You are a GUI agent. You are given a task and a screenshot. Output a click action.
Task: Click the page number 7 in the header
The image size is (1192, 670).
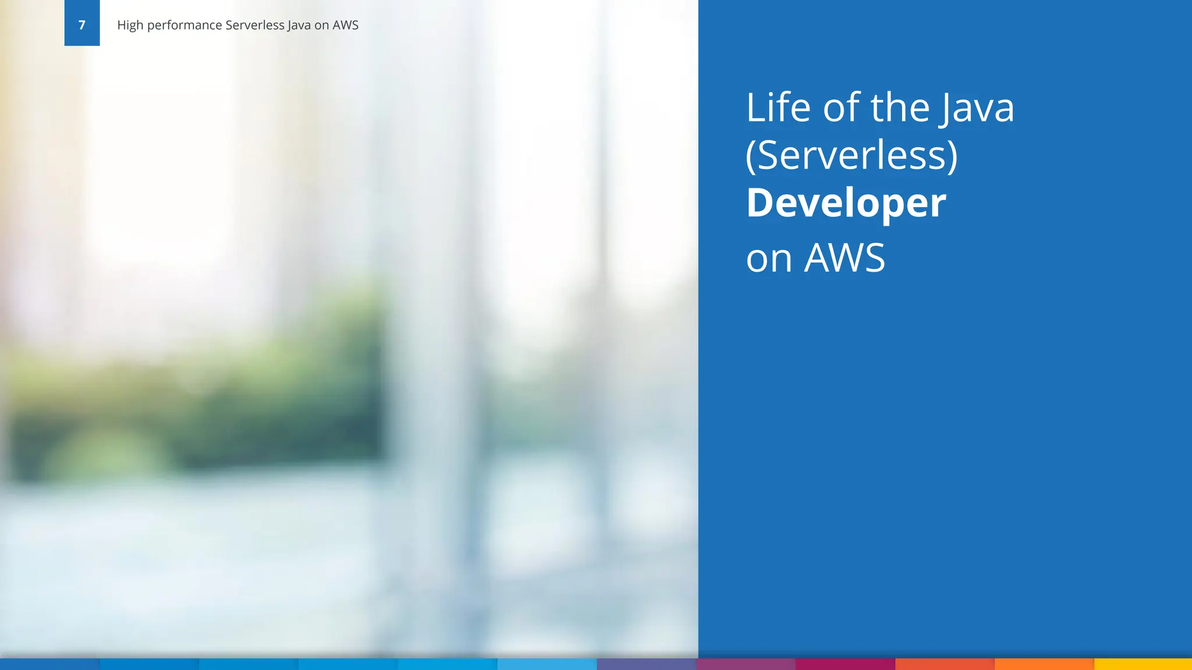[x=81, y=25]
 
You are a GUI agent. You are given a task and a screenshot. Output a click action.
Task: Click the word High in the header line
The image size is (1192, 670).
[x=130, y=25]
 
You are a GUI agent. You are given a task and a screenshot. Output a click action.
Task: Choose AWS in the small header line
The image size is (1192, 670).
[x=345, y=25]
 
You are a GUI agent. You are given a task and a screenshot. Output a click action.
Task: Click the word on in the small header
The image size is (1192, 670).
[x=322, y=26]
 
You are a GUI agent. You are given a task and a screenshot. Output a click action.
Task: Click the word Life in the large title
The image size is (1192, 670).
[x=778, y=108]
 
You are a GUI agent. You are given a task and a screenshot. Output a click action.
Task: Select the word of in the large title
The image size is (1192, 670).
[x=841, y=108]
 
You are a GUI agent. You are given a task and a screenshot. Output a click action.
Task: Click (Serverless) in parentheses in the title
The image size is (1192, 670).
[x=852, y=156]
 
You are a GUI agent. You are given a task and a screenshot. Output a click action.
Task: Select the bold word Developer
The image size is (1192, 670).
[x=846, y=203]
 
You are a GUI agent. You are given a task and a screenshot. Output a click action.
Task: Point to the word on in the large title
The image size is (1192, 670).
[x=769, y=258]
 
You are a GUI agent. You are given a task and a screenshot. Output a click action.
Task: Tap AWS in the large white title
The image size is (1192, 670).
[x=845, y=258]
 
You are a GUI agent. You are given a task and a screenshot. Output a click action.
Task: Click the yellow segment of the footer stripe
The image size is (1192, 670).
[x=1143, y=664]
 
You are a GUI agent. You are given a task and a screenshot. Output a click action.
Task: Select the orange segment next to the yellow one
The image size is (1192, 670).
[x=1044, y=664]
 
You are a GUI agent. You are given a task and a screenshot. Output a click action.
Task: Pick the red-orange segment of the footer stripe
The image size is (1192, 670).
[x=944, y=664]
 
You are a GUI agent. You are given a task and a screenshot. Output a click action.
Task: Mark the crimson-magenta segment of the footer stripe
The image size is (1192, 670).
[x=845, y=664]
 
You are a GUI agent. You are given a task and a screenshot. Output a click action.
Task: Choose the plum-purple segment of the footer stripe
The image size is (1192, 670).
[x=746, y=664]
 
